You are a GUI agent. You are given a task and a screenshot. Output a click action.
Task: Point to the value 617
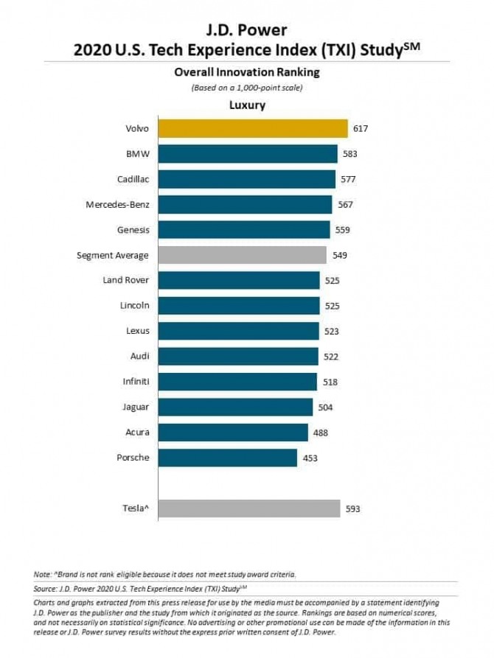pyautogui.click(x=360, y=129)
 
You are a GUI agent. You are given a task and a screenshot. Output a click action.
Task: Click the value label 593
pyautogui.click(x=353, y=508)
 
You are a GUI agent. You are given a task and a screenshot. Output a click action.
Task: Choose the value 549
pyautogui.click(x=339, y=256)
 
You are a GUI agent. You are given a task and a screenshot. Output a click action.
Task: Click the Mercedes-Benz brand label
pyautogui.click(x=117, y=204)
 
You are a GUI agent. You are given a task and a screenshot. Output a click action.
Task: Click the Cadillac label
pyautogui.click(x=133, y=179)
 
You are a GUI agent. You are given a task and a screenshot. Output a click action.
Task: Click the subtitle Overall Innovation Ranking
pyautogui.click(x=246, y=72)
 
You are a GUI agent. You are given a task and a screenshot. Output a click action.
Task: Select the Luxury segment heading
pyautogui.click(x=248, y=105)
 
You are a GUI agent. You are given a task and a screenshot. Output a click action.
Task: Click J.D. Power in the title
pyautogui.click(x=246, y=31)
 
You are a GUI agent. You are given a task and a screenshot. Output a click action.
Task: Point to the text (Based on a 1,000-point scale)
pyautogui.click(x=246, y=88)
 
